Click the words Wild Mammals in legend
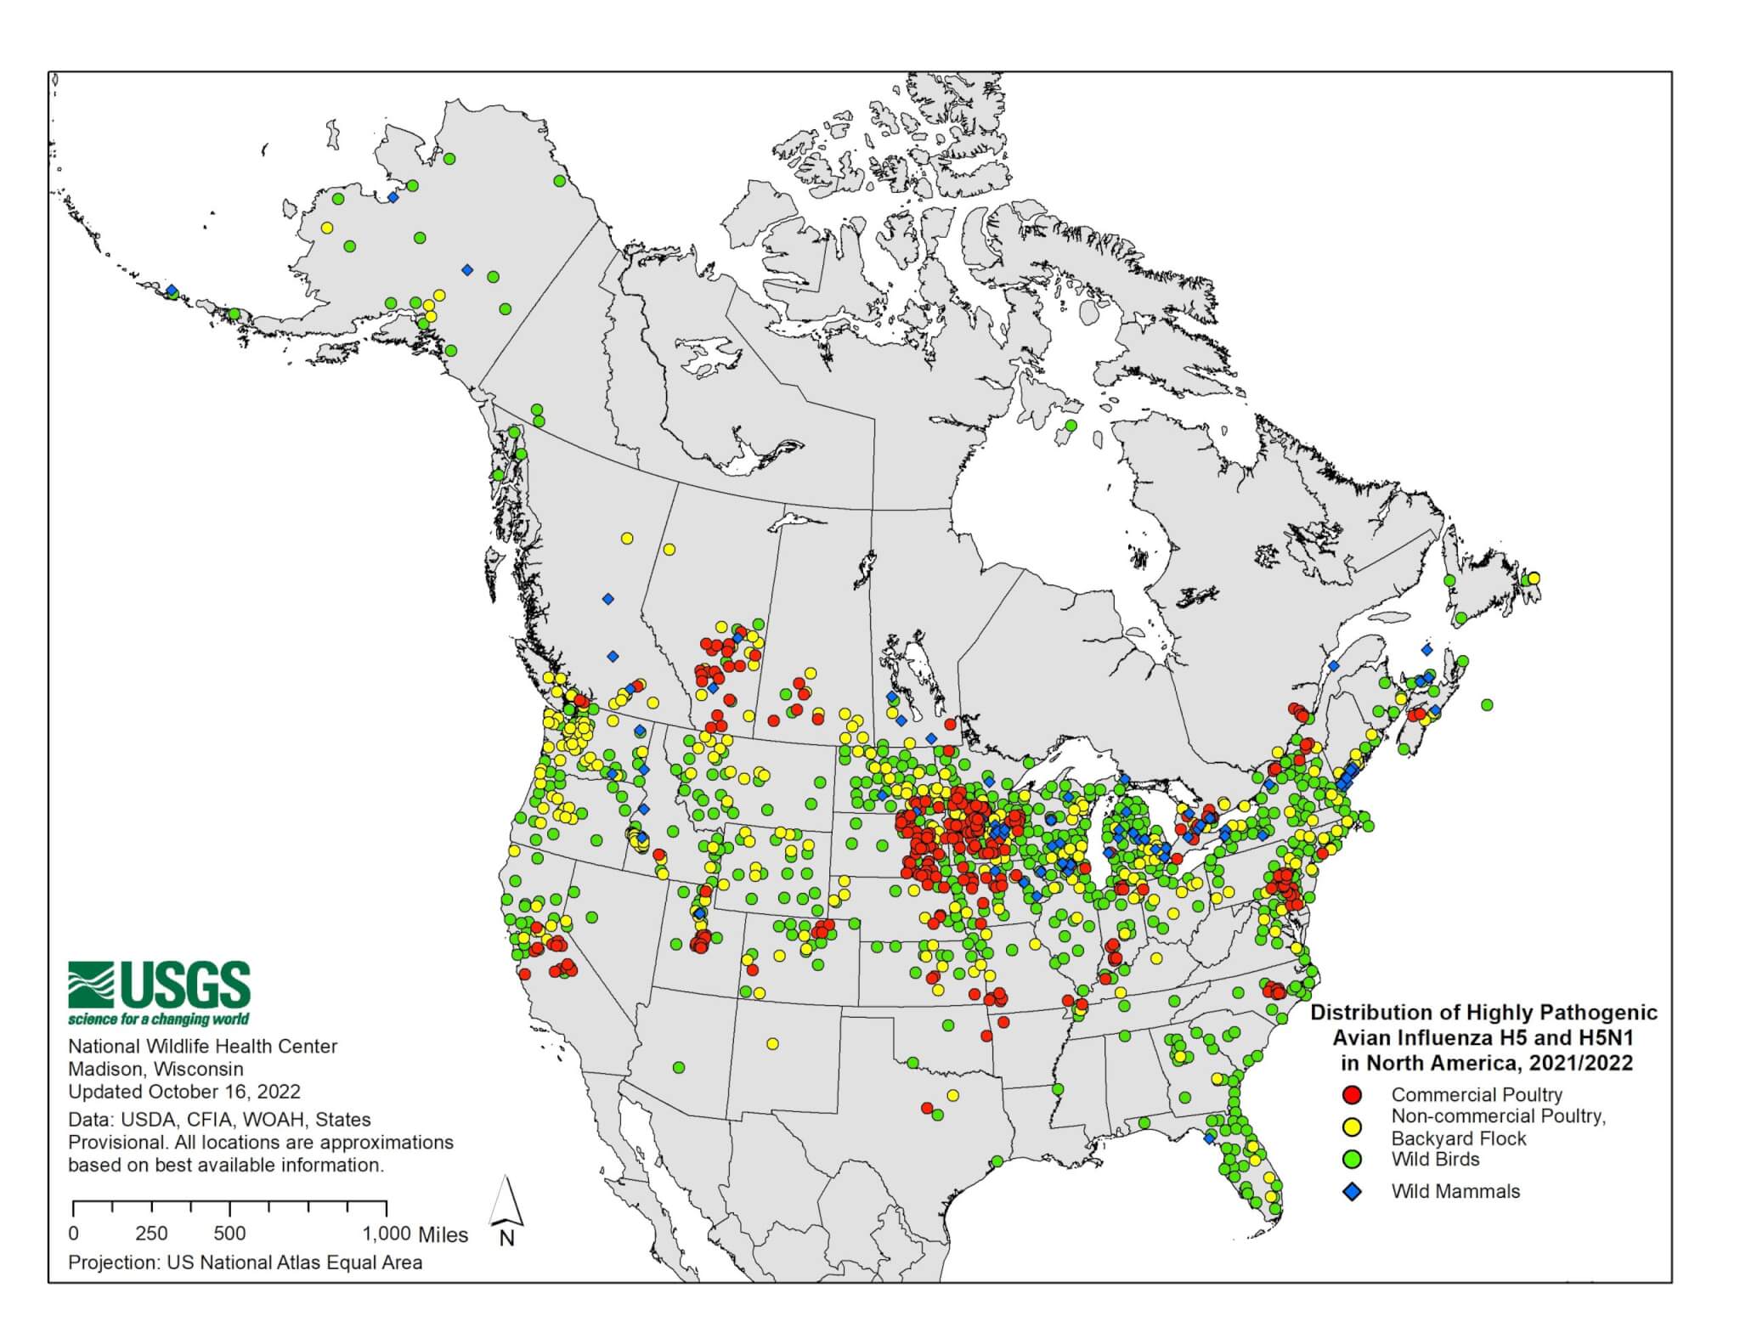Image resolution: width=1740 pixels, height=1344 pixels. (1455, 1191)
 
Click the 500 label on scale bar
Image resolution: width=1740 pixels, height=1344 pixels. (229, 1234)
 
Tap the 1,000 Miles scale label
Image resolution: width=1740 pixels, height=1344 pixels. (415, 1234)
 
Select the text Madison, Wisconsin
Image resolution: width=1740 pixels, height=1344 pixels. (155, 1069)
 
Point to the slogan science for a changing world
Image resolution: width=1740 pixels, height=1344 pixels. (159, 1019)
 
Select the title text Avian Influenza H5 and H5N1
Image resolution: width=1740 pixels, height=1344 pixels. (1483, 1037)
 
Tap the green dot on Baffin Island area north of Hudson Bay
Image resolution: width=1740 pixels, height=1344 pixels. (1071, 426)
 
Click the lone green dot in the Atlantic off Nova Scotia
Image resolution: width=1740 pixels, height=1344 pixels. (1486, 704)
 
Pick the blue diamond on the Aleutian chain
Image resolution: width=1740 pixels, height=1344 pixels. (172, 291)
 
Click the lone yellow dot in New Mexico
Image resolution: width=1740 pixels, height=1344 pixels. (771, 1043)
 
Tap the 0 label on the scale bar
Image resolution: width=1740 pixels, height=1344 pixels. (74, 1234)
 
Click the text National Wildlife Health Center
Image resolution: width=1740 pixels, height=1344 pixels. (202, 1046)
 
